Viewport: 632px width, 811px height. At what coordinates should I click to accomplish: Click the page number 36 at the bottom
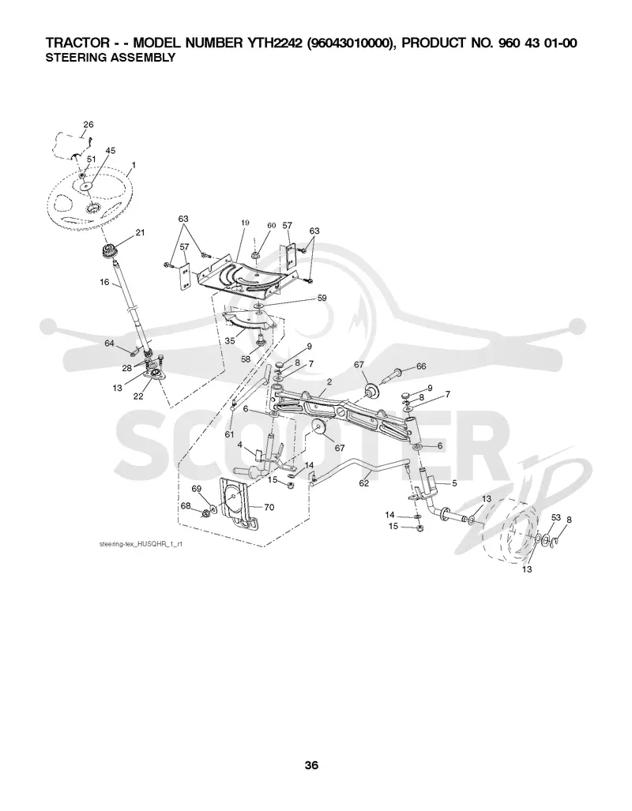(311, 765)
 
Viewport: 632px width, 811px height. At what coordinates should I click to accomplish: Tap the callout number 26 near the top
(88, 124)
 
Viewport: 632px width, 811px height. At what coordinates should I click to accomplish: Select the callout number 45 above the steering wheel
(111, 151)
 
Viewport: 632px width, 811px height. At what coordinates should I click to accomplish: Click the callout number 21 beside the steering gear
(141, 233)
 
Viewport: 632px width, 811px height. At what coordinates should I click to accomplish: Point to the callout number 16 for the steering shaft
(104, 283)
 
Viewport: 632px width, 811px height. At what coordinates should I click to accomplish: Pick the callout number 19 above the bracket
(245, 223)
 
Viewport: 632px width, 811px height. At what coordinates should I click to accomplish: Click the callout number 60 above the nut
(272, 226)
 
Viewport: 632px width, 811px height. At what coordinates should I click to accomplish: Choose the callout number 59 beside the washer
(322, 298)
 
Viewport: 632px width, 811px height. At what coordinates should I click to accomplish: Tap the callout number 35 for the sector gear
(230, 341)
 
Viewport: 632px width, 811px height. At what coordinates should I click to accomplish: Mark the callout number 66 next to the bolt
(421, 366)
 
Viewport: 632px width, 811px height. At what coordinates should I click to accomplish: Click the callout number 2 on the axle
(329, 381)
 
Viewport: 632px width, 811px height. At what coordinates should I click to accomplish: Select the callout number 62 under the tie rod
(364, 483)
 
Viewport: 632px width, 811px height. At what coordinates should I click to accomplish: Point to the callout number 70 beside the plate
(269, 508)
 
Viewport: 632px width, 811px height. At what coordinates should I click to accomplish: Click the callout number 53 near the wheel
(556, 517)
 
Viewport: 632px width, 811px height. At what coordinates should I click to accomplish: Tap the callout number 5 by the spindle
(454, 483)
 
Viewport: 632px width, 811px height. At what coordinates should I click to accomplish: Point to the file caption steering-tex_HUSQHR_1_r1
(141, 544)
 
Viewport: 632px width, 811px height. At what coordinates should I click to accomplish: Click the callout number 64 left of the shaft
(109, 344)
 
